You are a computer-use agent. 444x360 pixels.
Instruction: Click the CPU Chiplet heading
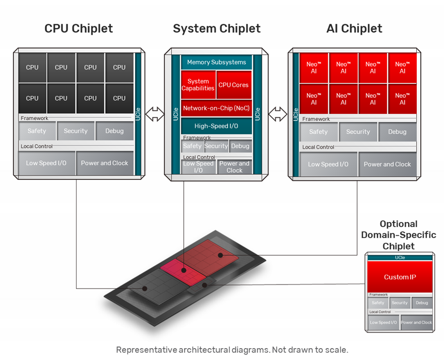click(x=78, y=29)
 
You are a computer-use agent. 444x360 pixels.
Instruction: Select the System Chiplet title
click(x=217, y=29)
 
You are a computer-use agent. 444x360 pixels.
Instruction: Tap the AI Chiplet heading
click(x=355, y=29)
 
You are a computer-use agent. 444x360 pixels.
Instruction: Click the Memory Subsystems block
click(x=217, y=63)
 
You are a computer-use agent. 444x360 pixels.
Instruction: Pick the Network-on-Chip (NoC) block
click(x=217, y=108)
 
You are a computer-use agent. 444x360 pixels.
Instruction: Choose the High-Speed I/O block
click(x=217, y=126)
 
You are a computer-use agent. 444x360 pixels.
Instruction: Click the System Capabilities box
click(x=198, y=85)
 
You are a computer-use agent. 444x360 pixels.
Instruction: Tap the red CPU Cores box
click(x=233, y=85)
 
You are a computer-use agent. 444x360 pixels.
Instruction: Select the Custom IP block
click(x=400, y=277)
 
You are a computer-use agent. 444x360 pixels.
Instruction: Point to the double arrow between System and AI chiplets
click(x=278, y=114)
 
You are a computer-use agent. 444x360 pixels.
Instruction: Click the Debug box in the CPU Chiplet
click(x=114, y=131)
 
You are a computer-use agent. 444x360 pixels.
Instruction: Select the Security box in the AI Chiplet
click(x=358, y=132)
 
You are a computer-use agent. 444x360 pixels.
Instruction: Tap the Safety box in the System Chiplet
click(x=192, y=146)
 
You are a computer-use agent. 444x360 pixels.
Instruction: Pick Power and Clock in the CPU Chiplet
click(x=104, y=163)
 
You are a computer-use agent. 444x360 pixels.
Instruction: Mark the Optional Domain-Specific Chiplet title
click(x=398, y=235)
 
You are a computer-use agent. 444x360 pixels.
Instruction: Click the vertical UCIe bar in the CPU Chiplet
click(x=138, y=114)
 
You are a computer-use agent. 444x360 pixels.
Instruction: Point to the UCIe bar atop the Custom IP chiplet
click(x=400, y=258)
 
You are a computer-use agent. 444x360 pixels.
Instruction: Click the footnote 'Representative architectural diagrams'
click(x=232, y=350)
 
